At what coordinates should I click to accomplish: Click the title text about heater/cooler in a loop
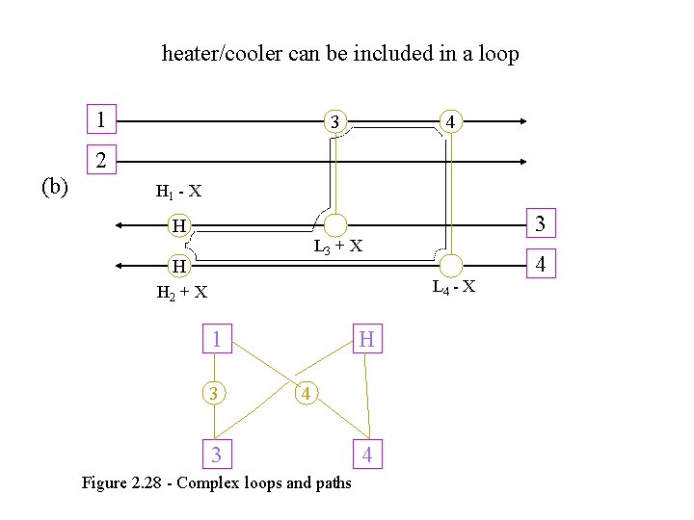click(x=340, y=54)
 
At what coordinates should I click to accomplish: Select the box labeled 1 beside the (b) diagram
click(x=100, y=121)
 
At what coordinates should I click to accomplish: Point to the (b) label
click(x=53, y=186)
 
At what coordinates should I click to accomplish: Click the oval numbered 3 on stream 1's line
click(x=334, y=122)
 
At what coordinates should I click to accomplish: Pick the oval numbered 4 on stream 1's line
click(x=450, y=122)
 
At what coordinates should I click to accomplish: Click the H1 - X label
click(x=178, y=191)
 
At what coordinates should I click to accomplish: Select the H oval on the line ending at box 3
click(x=178, y=226)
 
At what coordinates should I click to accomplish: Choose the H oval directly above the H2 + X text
click(x=178, y=265)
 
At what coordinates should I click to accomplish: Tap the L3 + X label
click(x=337, y=246)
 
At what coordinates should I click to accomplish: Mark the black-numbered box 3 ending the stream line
click(x=540, y=224)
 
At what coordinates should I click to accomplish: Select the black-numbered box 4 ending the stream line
click(x=540, y=263)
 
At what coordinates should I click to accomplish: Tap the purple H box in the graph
click(x=367, y=339)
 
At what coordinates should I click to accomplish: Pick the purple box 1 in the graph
click(x=217, y=339)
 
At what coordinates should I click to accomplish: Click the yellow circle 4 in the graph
click(x=305, y=393)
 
